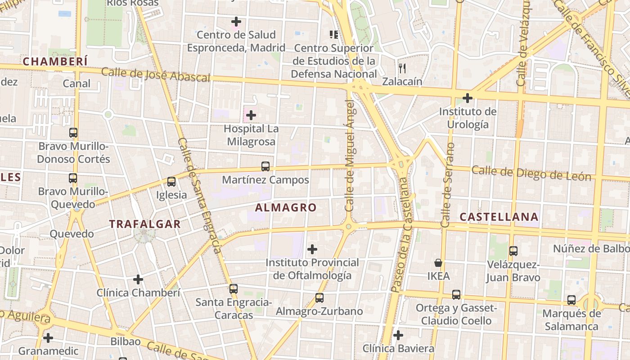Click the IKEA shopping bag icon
[438, 263]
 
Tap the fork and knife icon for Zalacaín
[402, 68]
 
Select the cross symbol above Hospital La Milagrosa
[251, 116]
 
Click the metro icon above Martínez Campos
[265, 166]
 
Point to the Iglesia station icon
[171, 182]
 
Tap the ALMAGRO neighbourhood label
[286, 207]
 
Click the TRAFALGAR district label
[145, 224]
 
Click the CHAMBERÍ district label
[55, 62]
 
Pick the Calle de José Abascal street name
[156, 75]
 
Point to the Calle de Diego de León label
[531, 173]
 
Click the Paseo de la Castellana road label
[401, 235]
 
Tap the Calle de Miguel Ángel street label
[350, 155]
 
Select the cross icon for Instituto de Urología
[468, 98]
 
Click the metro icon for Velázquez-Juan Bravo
[513, 251]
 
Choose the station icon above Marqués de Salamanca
[571, 300]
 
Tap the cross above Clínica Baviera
[398, 335]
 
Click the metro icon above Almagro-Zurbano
[319, 298]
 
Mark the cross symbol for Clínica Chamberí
[138, 279]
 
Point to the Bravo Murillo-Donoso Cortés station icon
[73, 133]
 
